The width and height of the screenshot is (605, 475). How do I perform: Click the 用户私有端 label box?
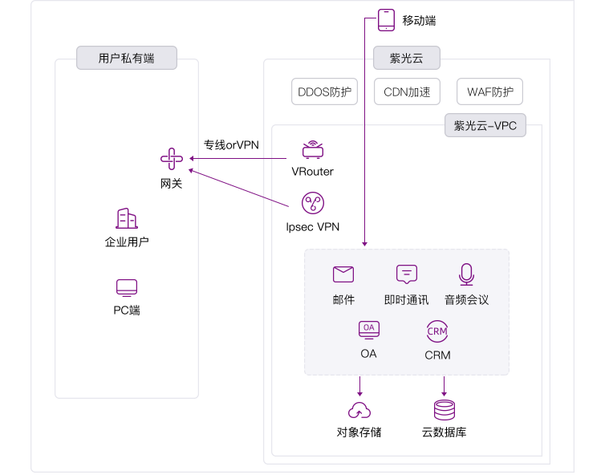[x=126, y=58]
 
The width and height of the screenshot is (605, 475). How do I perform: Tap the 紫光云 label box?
[x=406, y=58]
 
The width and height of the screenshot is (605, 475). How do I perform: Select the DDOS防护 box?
[x=325, y=91]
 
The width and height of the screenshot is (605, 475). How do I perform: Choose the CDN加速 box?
[x=407, y=91]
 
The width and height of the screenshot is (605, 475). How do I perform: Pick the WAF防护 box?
[x=489, y=91]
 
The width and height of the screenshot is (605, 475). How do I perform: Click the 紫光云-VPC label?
[x=485, y=125]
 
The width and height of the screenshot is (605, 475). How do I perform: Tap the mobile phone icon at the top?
[x=386, y=20]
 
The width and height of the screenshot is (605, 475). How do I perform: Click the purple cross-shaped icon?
[x=172, y=159]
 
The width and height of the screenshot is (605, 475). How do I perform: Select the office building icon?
[x=126, y=218]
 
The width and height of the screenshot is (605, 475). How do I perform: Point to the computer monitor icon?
[x=127, y=287]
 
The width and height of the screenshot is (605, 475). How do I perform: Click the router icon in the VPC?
[x=313, y=150]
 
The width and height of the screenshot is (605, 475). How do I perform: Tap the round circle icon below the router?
[x=312, y=203]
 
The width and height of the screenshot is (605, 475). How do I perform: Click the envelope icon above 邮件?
[x=343, y=274]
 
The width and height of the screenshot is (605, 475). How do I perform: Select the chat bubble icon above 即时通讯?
[x=407, y=274]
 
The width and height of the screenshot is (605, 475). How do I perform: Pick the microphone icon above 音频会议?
[x=466, y=274]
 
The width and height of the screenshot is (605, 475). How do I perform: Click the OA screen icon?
[x=368, y=328]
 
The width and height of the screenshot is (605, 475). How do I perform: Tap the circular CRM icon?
[x=437, y=331]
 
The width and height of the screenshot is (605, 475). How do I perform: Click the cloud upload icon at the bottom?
[x=359, y=411]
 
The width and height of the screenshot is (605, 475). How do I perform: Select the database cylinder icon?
[x=444, y=410]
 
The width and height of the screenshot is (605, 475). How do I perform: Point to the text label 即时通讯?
[x=406, y=300]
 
